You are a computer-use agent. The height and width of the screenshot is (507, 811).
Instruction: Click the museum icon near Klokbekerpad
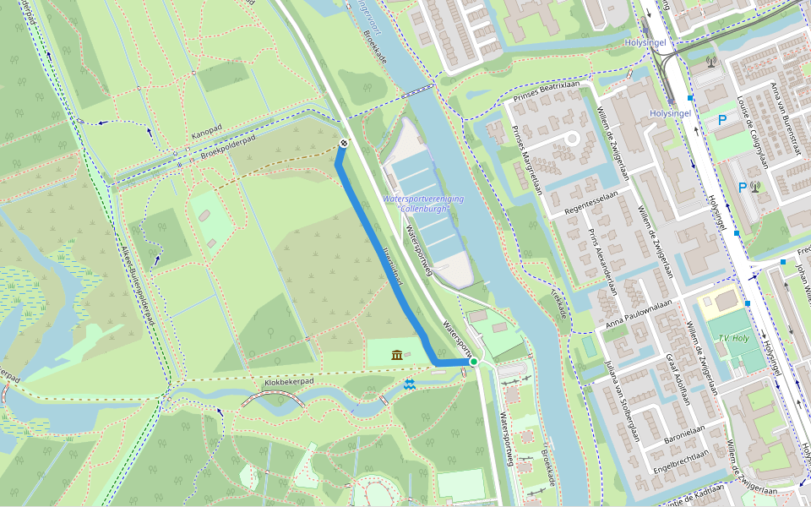tap(397, 355)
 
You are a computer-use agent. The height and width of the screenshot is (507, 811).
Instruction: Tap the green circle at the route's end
tap(474, 363)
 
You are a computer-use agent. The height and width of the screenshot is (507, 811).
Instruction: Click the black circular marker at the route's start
tap(344, 144)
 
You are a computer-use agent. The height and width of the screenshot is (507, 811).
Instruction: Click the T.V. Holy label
tap(734, 338)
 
